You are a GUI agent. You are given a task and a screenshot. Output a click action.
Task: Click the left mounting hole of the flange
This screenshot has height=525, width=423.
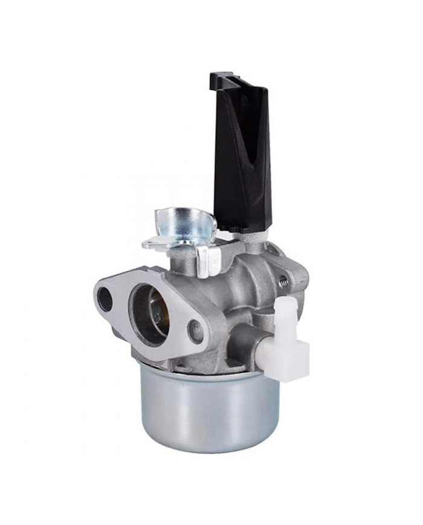(105, 299)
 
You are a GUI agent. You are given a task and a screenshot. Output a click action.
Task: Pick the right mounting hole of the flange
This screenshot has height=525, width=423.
(195, 330)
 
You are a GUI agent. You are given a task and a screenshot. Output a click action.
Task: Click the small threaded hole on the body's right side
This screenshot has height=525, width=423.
(282, 280)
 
